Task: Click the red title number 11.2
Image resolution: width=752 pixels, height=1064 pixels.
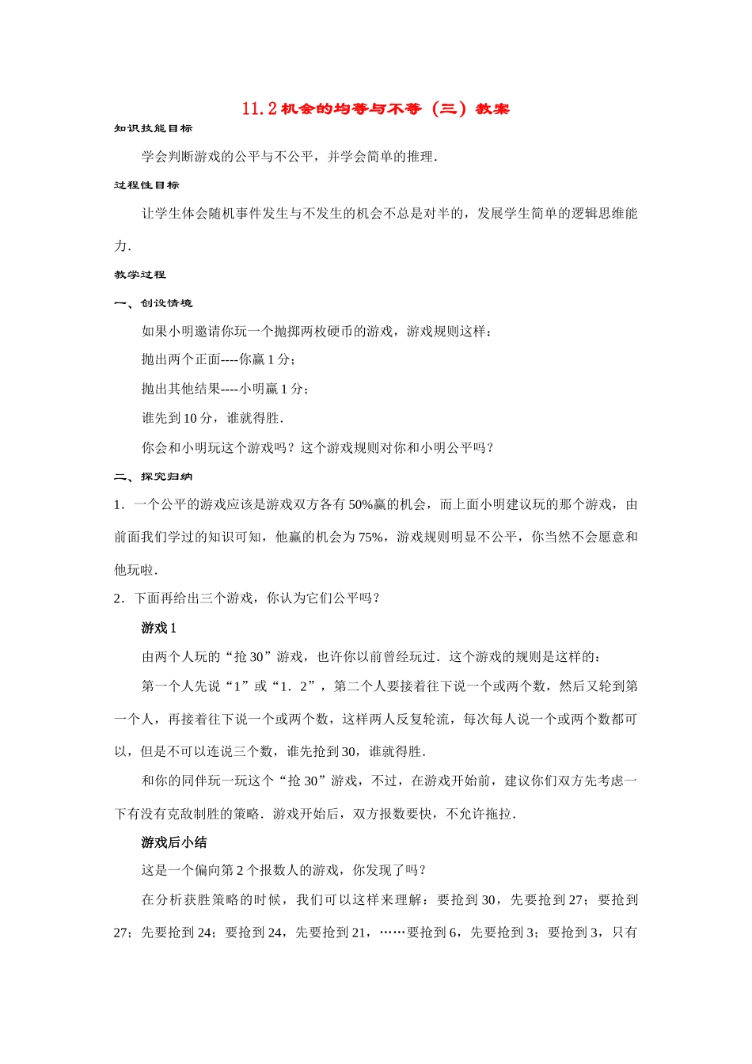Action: click(259, 108)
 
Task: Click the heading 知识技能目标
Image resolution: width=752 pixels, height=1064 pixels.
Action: click(154, 128)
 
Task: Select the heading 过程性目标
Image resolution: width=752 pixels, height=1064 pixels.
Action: click(147, 185)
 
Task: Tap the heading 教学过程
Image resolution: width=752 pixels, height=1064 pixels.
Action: click(140, 275)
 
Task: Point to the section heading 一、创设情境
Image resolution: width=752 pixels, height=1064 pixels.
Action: click(154, 303)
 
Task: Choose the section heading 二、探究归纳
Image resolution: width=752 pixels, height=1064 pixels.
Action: click(154, 477)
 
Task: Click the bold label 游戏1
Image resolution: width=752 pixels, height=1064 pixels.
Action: click(158, 628)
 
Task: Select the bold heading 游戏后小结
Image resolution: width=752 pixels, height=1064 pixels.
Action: click(173, 842)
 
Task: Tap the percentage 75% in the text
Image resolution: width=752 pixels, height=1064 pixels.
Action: click(370, 537)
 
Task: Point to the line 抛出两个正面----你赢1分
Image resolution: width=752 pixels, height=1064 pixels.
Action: click(219, 359)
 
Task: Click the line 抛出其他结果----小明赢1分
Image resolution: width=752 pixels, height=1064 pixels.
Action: click(226, 389)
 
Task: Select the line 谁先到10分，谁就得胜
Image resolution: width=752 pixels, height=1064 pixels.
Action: click(212, 418)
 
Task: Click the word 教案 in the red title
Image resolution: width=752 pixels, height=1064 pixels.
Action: click(492, 108)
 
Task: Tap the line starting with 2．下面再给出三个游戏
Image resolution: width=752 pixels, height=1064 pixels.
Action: click(247, 598)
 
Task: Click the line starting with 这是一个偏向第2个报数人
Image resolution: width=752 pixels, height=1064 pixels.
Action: click(285, 870)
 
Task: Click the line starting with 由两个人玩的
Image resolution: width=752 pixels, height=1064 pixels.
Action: click(371, 656)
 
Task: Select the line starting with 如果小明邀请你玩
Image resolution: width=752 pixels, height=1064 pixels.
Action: click(317, 331)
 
